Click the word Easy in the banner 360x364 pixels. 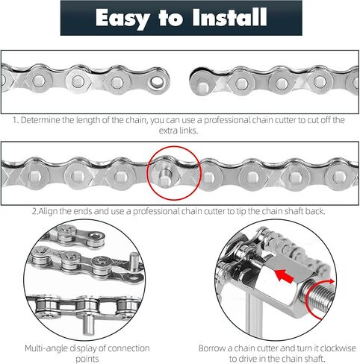click(122, 18)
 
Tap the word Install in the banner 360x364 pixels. click(229, 17)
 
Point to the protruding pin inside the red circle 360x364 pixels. click(165, 178)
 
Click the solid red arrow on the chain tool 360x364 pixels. click(285, 275)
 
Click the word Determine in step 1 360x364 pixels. click(40, 120)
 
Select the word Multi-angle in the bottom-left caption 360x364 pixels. click(46, 348)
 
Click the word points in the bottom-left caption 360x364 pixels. click(87, 359)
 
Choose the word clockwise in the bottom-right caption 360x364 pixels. click(338, 348)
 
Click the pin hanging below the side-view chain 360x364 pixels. click(88, 325)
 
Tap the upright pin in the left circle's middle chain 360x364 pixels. click(134, 262)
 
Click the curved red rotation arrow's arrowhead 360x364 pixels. click(331, 281)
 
